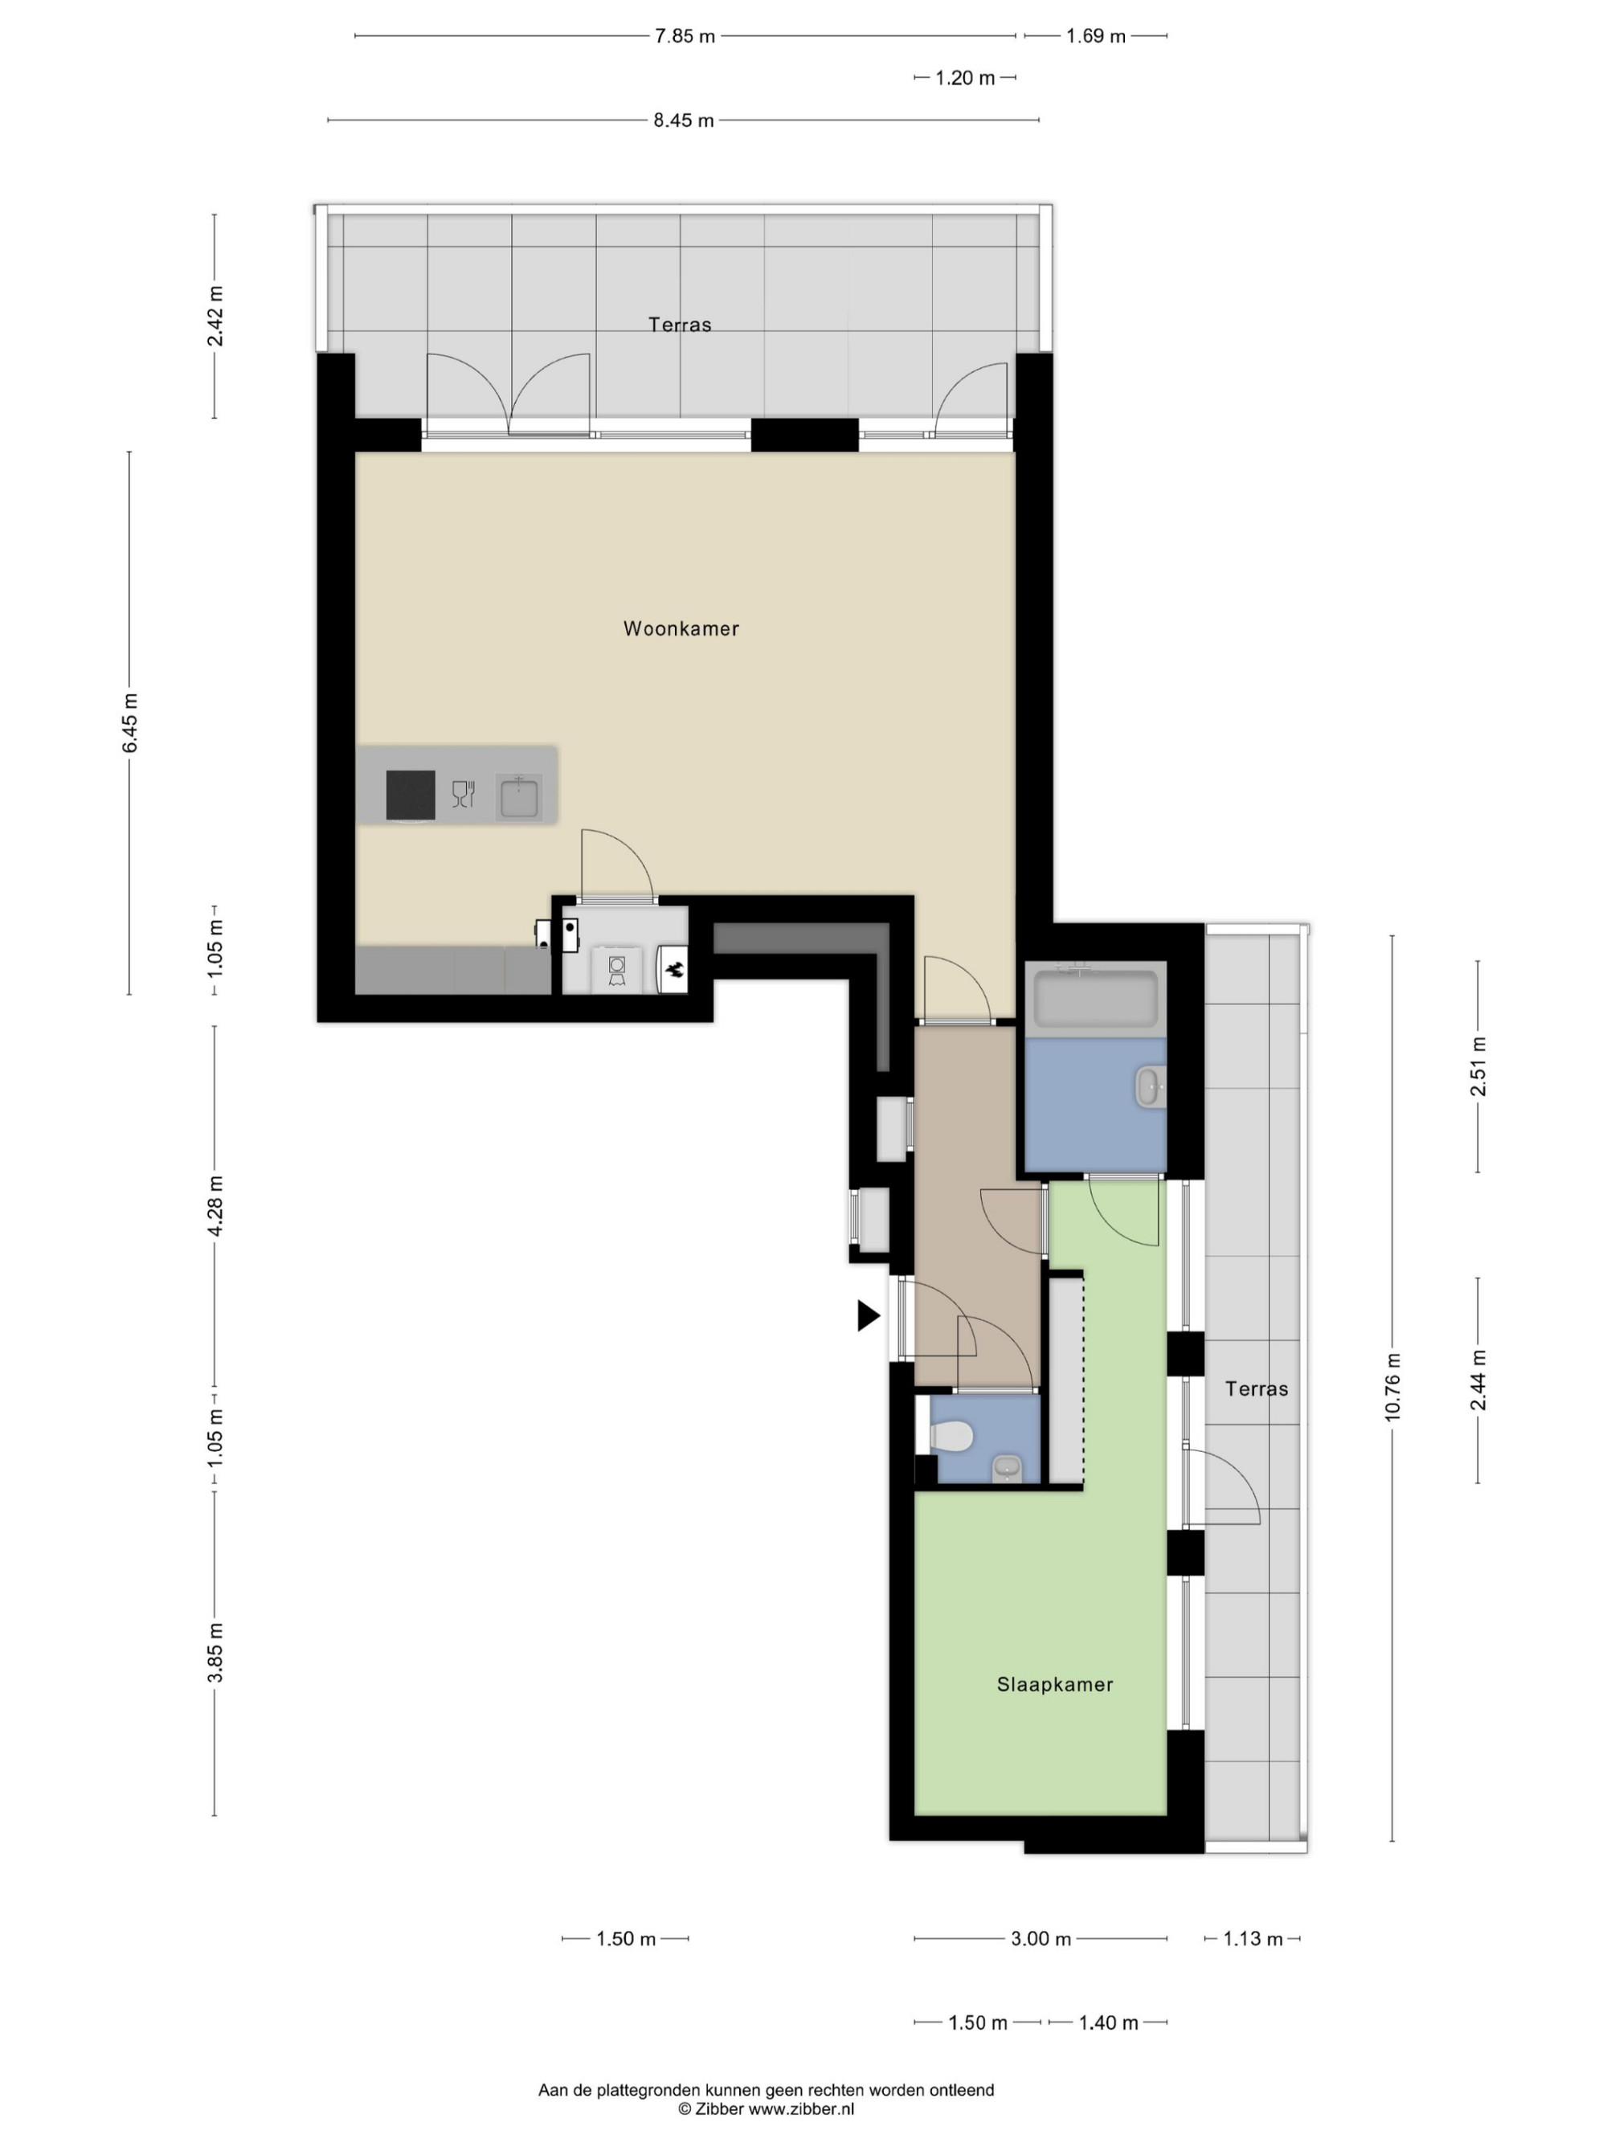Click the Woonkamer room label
click(x=681, y=628)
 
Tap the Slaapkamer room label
click(x=1055, y=1685)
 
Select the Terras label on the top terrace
click(x=680, y=325)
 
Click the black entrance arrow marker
click(x=868, y=1315)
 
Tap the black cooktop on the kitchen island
click(x=411, y=795)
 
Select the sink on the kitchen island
click(x=519, y=797)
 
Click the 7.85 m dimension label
click(x=685, y=37)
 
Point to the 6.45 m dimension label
click(x=130, y=722)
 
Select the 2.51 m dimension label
click(x=1478, y=1065)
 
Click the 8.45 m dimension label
click(x=684, y=121)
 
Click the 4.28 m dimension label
click(x=215, y=1205)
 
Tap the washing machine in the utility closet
click(x=617, y=969)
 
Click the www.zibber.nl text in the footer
click(x=801, y=2108)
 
